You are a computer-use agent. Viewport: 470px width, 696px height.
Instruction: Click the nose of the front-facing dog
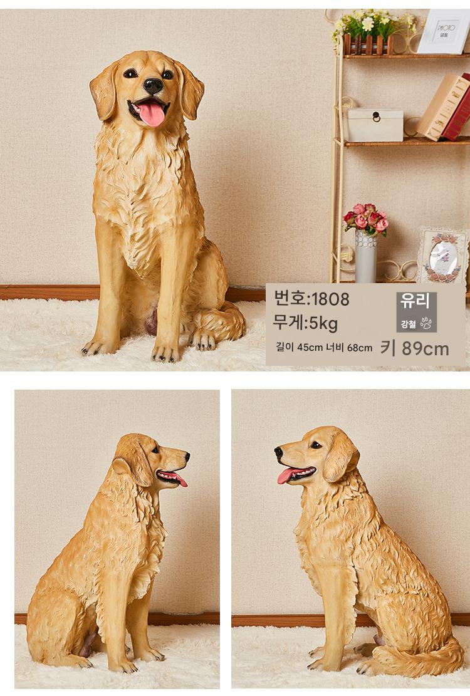click(x=153, y=86)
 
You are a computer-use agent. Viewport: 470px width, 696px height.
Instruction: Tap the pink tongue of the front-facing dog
click(x=152, y=113)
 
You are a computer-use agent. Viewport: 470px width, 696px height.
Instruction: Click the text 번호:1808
click(x=311, y=298)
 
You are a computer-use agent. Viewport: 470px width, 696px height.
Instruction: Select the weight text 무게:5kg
click(x=305, y=323)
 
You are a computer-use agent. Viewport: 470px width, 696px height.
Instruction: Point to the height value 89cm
click(x=425, y=349)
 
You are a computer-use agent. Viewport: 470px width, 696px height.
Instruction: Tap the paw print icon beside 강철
click(x=426, y=323)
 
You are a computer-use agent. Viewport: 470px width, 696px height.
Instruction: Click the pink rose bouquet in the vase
click(x=366, y=217)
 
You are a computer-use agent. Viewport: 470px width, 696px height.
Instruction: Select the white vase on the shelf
click(x=366, y=257)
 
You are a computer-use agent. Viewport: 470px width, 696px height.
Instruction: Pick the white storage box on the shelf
click(x=375, y=125)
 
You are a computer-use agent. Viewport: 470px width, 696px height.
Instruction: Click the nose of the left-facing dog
click(x=278, y=452)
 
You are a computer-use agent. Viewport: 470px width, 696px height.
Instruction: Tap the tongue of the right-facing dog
click(x=177, y=479)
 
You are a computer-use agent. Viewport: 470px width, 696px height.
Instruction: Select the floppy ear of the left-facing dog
click(x=340, y=457)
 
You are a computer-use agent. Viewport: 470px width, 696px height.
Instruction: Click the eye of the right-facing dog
click(x=155, y=450)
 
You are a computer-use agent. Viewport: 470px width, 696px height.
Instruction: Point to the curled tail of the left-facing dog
click(x=417, y=658)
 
